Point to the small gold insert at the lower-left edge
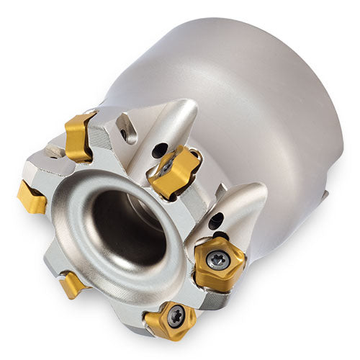[72, 284]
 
